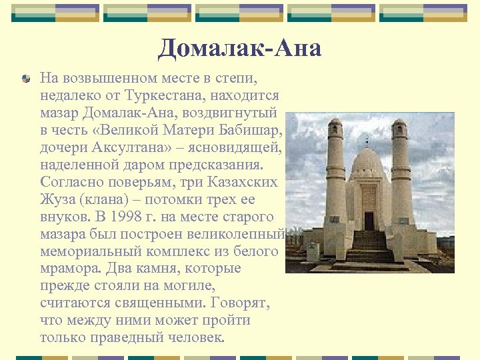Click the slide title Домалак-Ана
240,47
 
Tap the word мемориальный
87,252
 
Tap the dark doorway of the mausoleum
369,221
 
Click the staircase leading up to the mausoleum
369,249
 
